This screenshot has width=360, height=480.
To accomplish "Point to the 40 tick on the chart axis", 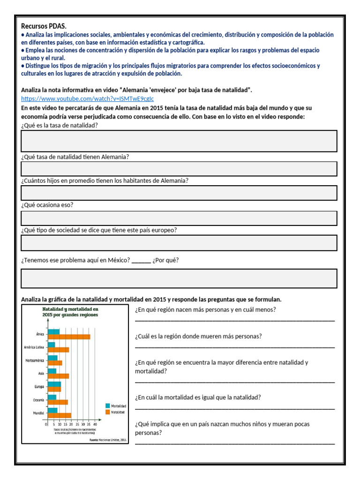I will click(95, 425).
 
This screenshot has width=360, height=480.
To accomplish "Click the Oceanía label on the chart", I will click(38, 399).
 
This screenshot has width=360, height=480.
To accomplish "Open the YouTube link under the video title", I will click(87, 98).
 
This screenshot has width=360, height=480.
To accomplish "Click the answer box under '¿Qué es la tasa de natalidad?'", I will click(179, 141).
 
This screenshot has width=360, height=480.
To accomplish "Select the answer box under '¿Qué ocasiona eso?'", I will click(179, 218).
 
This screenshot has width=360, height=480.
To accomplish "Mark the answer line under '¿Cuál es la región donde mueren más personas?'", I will click(235, 346).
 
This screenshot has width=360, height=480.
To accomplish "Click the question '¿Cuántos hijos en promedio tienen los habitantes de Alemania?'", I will click(105, 180).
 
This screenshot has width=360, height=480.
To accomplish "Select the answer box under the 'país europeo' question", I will click(179, 243).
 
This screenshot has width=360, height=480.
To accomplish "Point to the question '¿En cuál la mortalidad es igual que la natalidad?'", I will click(198, 397).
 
